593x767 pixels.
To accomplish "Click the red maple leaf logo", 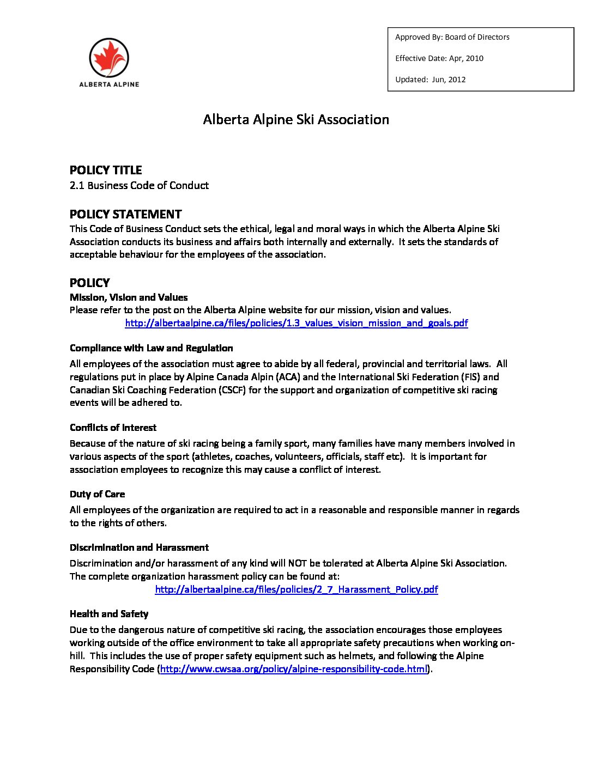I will click(x=109, y=57).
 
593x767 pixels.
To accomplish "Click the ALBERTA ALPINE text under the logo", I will click(x=109, y=84).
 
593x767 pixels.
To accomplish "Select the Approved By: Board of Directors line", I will click(x=452, y=37).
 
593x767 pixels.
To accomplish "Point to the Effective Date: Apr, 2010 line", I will click(x=439, y=58).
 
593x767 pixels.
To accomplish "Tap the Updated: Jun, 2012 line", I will click(x=430, y=80).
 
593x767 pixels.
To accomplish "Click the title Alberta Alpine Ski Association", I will click(x=296, y=120).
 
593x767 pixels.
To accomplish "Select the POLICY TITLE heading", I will click(x=106, y=170).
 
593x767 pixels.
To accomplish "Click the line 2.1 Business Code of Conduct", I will click(x=139, y=186).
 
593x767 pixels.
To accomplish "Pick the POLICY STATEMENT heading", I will click(x=125, y=214).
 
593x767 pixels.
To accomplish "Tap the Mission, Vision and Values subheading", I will click(x=129, y=297).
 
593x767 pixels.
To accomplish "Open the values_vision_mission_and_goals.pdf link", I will click(x=296, y=323).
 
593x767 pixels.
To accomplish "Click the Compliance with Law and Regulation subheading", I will click(x=151, y=348).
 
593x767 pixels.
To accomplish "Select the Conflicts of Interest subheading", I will click(x=113, y=428).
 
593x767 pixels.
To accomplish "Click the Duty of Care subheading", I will click(x=97, y=494).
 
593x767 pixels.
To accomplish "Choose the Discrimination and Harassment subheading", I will click(x=139, y=547).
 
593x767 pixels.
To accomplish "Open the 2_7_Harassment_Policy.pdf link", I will click(x=296, y=589).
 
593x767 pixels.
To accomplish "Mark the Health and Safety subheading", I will click(x=109, y=614).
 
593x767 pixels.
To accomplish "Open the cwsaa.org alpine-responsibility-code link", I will click(x=293, y=669).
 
